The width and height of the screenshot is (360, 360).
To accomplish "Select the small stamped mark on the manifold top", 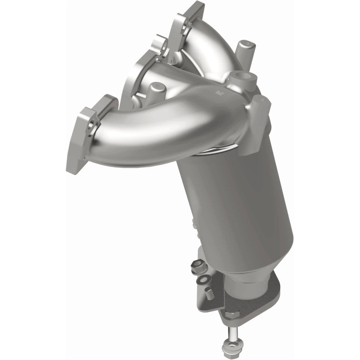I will tap(219, 94).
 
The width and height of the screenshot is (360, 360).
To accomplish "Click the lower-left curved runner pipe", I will tap(148, 130).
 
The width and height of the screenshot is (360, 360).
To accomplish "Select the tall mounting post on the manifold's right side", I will tap(256, 126).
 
